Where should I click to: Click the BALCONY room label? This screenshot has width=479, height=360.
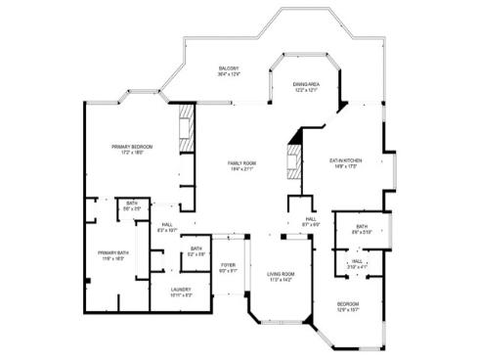pos(229,67)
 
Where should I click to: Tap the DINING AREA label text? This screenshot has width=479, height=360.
pos(305,84)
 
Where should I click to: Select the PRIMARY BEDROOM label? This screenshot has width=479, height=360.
pos(132,147)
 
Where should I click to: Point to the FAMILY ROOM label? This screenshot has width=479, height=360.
pos(241,162)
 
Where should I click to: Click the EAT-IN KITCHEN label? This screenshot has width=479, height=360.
pos(346,159)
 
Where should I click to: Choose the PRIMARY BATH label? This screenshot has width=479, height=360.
pos(112,254)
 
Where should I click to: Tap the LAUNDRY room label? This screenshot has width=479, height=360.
pos(181,289)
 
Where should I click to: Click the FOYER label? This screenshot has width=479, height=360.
pos(228,265)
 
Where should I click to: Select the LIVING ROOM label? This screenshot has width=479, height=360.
pos(282,275)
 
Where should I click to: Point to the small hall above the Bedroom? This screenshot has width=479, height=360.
pos(358,261)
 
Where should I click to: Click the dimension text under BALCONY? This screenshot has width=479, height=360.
pos(229,74)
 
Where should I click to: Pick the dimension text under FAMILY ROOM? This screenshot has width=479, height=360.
pos(241,169)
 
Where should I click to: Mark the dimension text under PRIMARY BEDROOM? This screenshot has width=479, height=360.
pos(132,154)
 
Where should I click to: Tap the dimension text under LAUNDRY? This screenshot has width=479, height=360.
pos(181,294)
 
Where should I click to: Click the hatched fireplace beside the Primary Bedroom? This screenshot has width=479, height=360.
pos(184,127)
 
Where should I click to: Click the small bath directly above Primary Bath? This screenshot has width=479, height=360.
pos(131,205)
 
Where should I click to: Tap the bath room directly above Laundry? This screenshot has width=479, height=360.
pos(196,250)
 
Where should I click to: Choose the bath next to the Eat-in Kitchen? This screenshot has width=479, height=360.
pos(361,228)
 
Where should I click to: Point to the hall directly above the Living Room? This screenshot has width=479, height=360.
pos(309,221)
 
